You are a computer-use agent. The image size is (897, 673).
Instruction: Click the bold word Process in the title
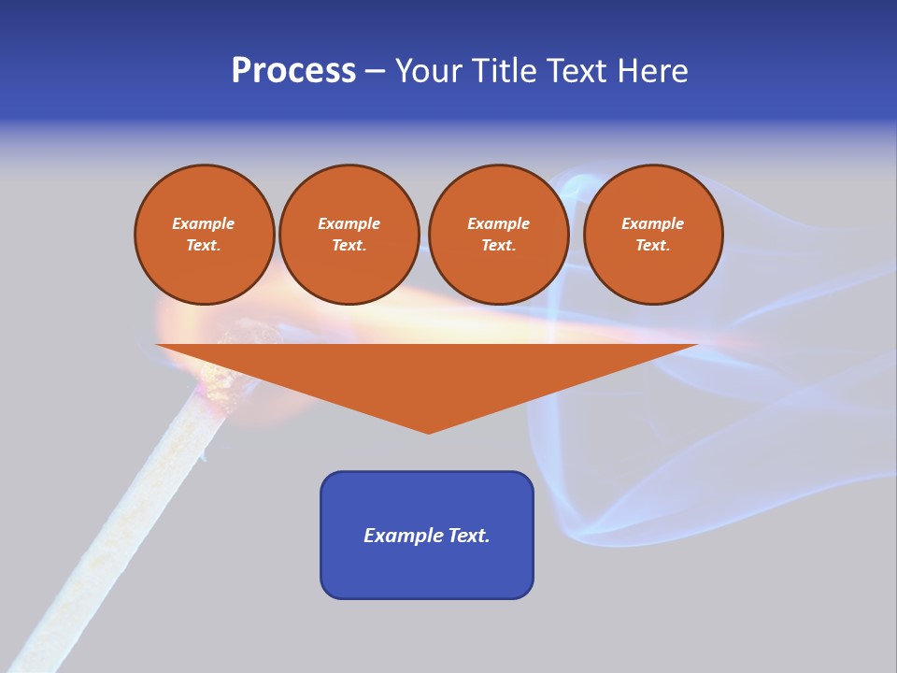[293, 71]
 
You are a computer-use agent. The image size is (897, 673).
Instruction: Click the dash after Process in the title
[376, 72]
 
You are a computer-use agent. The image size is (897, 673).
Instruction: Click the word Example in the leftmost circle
[204, 223]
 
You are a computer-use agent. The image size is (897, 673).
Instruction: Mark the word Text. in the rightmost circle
[653, 245]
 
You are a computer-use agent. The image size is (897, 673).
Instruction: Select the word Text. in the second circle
[349, 245]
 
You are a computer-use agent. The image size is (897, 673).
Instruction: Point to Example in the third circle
[498, 223]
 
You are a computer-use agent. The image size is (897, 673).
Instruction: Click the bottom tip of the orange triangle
[429, 431]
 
